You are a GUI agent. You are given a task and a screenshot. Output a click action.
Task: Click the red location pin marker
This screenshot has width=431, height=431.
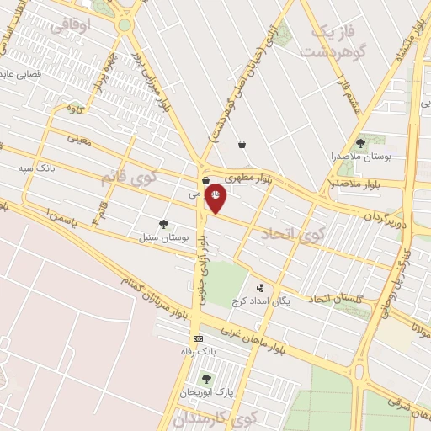pyautogui.click(x=215, y=198)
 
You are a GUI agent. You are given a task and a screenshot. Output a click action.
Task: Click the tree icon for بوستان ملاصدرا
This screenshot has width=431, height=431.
pyautogui.click(x=360, y=143)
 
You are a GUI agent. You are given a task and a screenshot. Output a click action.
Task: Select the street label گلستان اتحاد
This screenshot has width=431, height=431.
pyautogui.click(x=336, y=299)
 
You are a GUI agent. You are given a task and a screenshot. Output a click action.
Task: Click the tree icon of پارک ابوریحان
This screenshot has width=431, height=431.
pyautogui.click(x=206, y=380)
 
